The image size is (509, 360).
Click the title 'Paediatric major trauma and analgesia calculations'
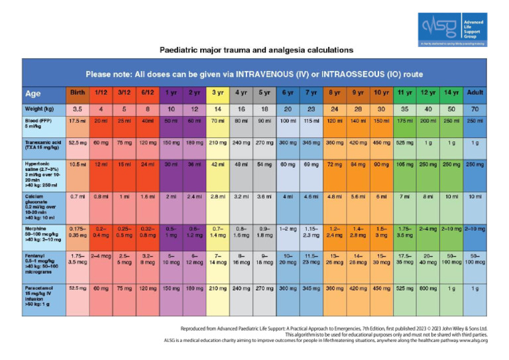click(256, 50)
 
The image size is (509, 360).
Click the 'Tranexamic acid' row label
click(43, 145)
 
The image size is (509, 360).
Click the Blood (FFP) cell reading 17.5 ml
click(78, 121)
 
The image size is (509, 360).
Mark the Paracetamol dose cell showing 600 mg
click(429, 289)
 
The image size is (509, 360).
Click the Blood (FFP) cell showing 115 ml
click(311, 121)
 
